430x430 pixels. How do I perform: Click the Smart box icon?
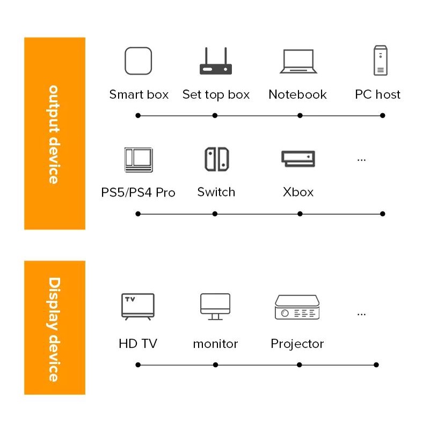138,61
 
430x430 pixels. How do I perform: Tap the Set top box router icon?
215,62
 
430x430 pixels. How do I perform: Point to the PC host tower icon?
380,61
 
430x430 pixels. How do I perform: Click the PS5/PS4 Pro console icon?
138,159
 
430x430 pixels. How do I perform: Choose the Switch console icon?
216,159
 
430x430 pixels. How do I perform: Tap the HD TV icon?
137,307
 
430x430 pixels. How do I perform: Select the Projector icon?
297,307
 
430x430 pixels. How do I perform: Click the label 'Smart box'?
139,95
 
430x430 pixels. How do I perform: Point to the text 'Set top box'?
216,95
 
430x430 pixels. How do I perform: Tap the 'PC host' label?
377,95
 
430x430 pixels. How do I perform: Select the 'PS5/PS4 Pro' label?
138,192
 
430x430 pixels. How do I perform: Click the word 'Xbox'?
298,192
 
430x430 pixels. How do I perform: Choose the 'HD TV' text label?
138,344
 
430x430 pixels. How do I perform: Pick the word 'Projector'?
297,344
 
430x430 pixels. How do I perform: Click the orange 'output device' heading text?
54,134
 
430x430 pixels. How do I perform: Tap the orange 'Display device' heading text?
54,329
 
